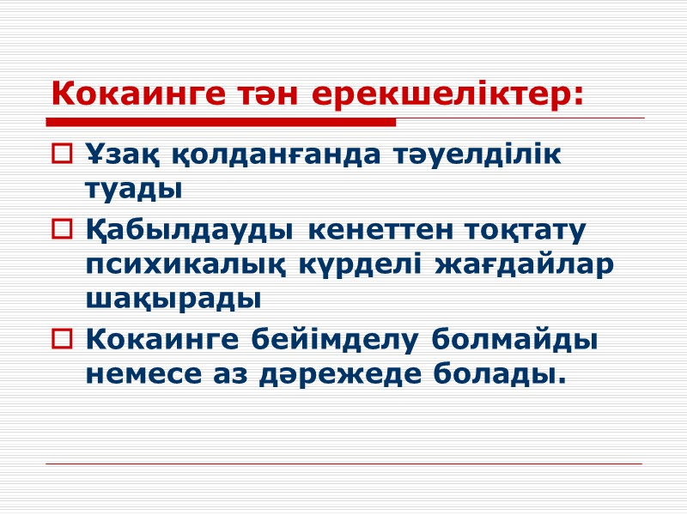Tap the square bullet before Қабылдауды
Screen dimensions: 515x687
click(x=64, y=230)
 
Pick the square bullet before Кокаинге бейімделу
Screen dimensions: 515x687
click(x=64, y=340)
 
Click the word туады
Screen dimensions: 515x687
click(x=134, y=190)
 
